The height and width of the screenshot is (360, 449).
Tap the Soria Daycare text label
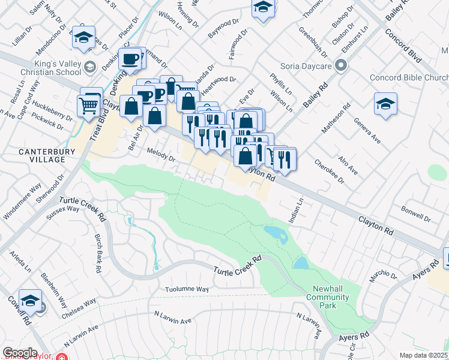[x=306, y=65]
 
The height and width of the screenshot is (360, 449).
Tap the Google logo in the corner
[x=20, y=353]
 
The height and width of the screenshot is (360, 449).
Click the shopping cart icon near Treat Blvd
[x=88, y=106]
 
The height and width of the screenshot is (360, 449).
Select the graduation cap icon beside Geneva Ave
[x=385, y=103]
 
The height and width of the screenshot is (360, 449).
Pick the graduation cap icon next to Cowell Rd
[x=30, y=301]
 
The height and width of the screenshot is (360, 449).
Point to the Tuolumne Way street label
[x=187, y=289]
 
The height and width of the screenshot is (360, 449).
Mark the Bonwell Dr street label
[x=417, y=216]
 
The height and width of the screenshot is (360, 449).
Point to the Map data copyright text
[x=424, y=355]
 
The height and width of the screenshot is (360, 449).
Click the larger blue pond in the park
[x=275, y=233]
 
